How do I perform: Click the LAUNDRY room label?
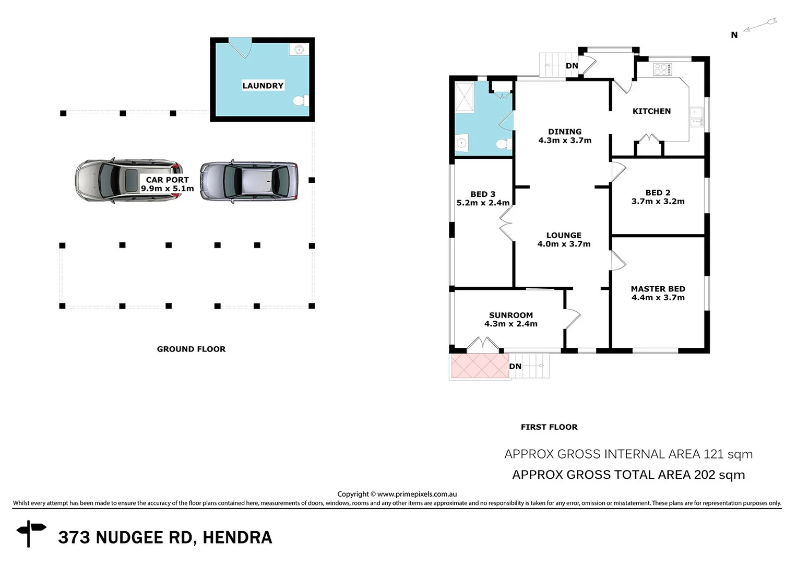[263, 86]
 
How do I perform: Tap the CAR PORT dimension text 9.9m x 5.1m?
[167, 189]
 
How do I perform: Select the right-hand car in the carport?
[249, 181]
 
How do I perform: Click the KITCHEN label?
[651, 111]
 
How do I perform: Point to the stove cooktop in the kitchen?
[662, 69]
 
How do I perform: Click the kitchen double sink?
[696, 117]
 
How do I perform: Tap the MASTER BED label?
[658, 289]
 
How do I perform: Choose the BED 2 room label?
[658, 193]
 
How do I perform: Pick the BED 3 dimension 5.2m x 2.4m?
[483, 203]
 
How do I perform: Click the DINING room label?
[565, 132]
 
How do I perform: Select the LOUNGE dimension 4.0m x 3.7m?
[564, 244]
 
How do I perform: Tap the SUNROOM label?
[510, 315]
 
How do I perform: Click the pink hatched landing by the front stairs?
[479, 366]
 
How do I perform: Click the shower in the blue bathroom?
[464, 97]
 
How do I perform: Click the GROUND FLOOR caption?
[191, 349]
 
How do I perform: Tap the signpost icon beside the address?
[31, 533]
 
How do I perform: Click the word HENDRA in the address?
[237, 537]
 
